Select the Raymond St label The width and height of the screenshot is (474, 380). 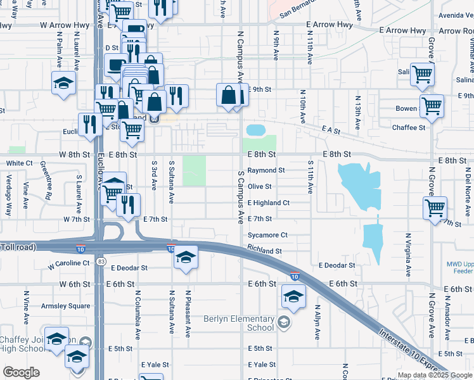(266, 170)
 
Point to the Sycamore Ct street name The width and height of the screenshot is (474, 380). (267, 235)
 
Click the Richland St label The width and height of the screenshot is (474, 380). (264, 251)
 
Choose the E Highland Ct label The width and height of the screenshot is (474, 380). (268, 203)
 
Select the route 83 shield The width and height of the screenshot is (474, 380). (101, 261)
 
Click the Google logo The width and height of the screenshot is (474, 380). (22, 372)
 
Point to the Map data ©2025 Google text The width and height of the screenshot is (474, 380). (433, 375)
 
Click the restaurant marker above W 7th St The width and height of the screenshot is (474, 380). (129, 204)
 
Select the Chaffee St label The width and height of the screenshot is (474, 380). (409, 127)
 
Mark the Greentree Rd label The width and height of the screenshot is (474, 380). (46, 180)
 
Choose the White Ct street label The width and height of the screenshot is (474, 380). (19, 163)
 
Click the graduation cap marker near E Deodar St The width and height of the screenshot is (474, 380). (185, 257)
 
